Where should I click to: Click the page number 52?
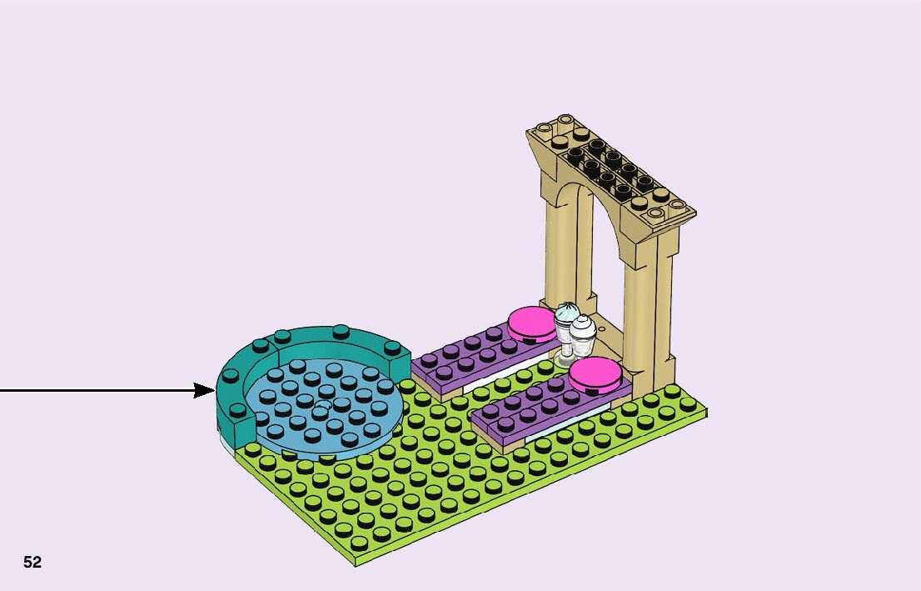tap(32, 563)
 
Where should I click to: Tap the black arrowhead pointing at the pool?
tap(205, 390)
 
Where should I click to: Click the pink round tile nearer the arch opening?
tap(531, 322)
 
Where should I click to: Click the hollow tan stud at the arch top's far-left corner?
tap(545, 129)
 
